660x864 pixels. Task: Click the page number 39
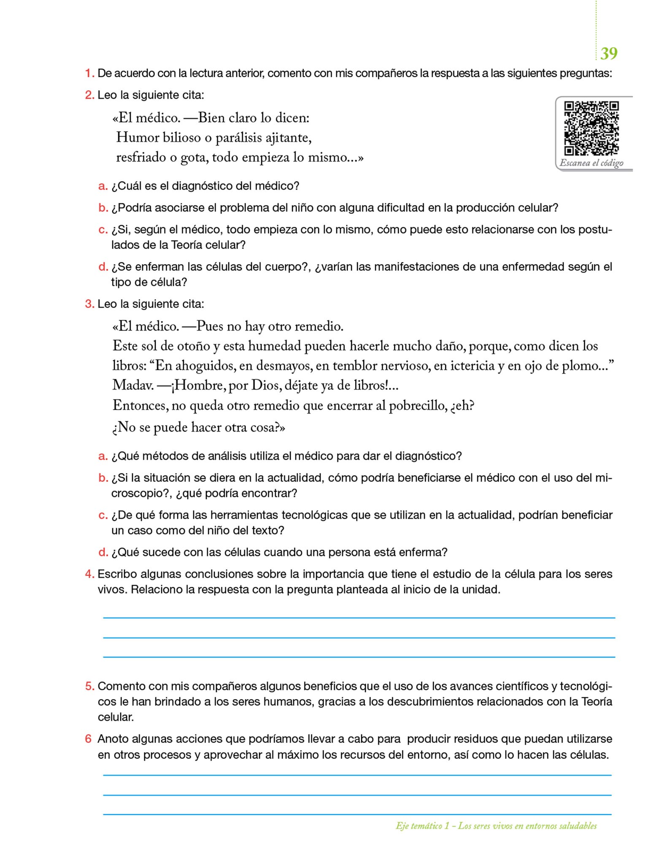(x=609, y=54)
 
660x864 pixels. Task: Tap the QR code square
(x=591, y=128)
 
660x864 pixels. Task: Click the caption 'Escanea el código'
(x=591, y=163)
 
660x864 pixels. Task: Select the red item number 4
(x=89, y=574)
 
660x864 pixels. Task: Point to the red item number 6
(x=88, y=739)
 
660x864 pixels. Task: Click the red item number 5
(x=89, y=686)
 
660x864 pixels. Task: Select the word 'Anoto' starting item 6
(x=113, y=739)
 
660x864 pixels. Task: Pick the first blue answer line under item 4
(x=359, y=618)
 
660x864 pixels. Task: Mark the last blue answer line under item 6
(x=357, y=814)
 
